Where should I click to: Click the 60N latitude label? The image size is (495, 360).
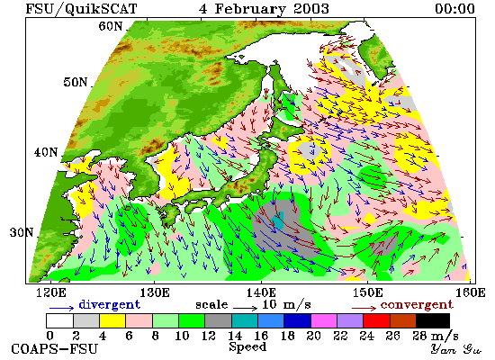(111, 26)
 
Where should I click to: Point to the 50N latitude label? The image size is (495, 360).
(75, 83)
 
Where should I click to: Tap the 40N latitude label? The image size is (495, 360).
(46, 152)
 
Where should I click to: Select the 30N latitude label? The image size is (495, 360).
(22, 233)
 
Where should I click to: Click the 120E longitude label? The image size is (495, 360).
(51, 292)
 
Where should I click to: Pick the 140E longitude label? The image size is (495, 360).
(261, 292)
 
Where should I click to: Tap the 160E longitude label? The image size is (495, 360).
(471, 292)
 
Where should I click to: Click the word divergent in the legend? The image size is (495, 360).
(109, 304)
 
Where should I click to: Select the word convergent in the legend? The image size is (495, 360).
(417, 305)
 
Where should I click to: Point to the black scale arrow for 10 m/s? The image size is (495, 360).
(246, 307)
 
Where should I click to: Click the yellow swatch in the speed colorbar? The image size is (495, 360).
(112, 320)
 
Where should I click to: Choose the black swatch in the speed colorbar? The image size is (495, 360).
(433, 320)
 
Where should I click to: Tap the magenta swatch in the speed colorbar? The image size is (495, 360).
(324, 320)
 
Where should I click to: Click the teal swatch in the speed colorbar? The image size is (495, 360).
(245, 320)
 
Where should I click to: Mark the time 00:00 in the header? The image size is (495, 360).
(454, 8)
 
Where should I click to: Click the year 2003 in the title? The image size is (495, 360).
(311, 8)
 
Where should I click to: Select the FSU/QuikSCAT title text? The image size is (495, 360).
(81, 9)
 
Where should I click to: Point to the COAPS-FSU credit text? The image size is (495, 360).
(54, 349)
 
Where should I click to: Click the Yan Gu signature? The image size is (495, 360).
(456, 349)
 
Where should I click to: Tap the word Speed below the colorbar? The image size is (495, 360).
(247, 346)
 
